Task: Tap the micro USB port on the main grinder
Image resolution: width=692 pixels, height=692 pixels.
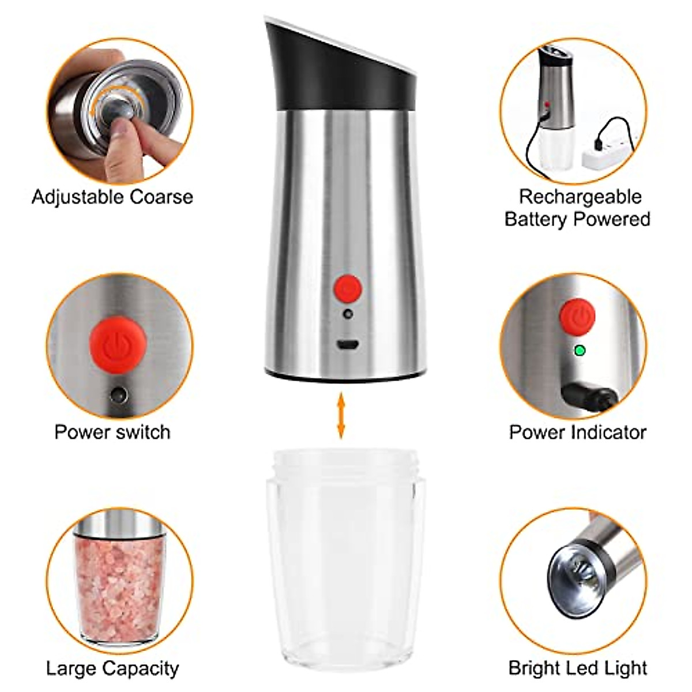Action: (347, 345)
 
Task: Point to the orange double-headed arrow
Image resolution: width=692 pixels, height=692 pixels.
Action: (341, 415)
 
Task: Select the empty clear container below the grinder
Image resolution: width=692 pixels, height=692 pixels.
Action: (346, 554)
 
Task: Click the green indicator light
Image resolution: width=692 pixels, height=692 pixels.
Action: (580, 350)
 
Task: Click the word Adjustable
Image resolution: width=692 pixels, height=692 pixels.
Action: (78, 197)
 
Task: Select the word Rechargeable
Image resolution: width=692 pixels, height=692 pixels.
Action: (580, 197)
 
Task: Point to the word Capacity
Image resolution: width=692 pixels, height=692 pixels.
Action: (141, 668)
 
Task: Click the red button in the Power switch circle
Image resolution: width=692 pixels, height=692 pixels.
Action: (118, 344)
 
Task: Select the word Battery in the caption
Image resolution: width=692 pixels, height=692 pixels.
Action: (540, 220)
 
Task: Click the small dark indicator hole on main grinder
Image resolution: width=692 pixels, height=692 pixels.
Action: (347, 314)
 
